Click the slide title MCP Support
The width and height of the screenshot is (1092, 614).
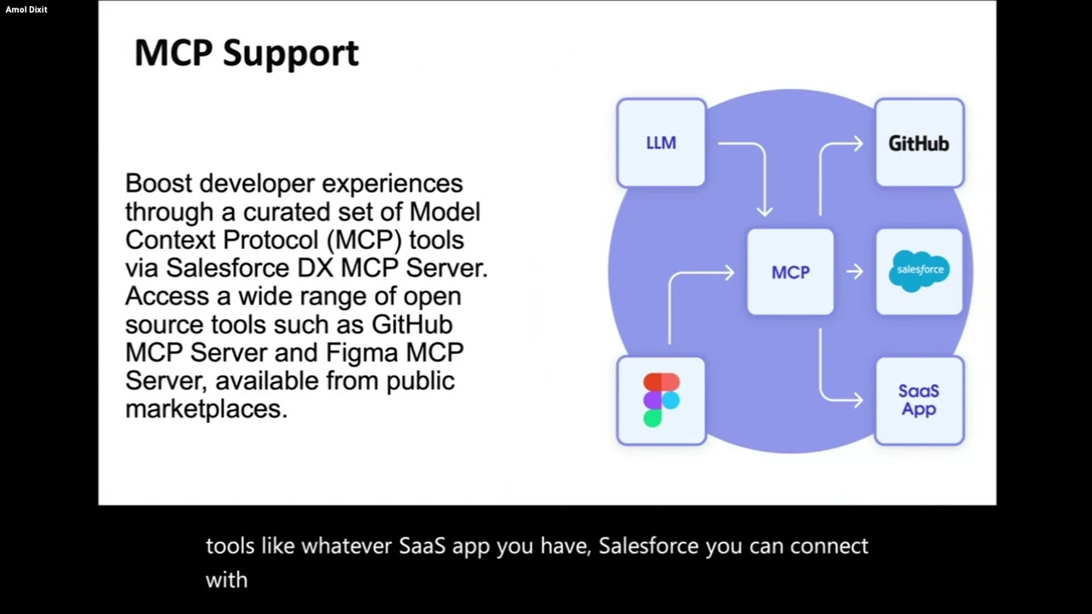(247, 54)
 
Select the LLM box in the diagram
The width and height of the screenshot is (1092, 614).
(661, 142)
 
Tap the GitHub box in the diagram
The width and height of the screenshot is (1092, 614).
(919, 142)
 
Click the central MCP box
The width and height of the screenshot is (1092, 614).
(790, 272)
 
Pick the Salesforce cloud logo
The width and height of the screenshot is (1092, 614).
(919, 271)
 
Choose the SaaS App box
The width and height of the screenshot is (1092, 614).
(919, 401)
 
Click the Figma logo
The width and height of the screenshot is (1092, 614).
(661, 400)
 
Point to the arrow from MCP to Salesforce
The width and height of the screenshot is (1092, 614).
(855, 271)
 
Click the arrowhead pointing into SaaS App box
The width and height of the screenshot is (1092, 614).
(857, 401)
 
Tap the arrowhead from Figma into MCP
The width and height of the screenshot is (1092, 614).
(729, 272)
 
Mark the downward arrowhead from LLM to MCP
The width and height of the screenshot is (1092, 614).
(764, 211)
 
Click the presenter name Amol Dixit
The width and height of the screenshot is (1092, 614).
(26, 9)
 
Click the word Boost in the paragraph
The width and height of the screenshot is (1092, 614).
(159, 183)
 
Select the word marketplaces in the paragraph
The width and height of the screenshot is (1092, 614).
(206, 409)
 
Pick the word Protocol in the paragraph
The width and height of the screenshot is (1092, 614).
(271, 240)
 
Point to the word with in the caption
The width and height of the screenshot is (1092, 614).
(227, 580)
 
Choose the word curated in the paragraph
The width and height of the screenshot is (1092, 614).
(283, 212)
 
